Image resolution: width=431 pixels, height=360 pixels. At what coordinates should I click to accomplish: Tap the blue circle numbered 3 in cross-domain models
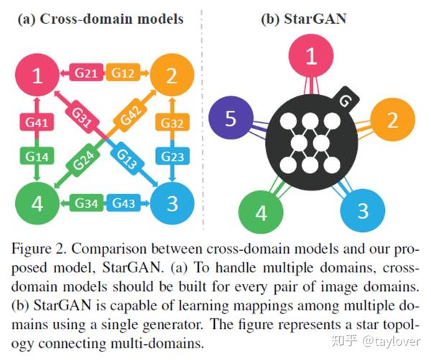click(171, 203)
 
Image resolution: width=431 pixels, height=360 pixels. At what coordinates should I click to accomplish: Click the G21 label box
click(85, 73)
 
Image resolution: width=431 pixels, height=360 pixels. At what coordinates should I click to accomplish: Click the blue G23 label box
click(171, 156)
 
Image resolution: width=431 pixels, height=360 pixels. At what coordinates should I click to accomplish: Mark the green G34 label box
click(85, 203)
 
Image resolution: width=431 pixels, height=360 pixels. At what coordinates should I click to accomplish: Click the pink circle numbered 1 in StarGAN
click(311, 57)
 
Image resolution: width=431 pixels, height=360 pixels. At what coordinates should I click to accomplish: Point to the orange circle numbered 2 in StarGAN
click(391, 119)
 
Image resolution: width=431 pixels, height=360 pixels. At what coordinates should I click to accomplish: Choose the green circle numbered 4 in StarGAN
click(261, 213)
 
